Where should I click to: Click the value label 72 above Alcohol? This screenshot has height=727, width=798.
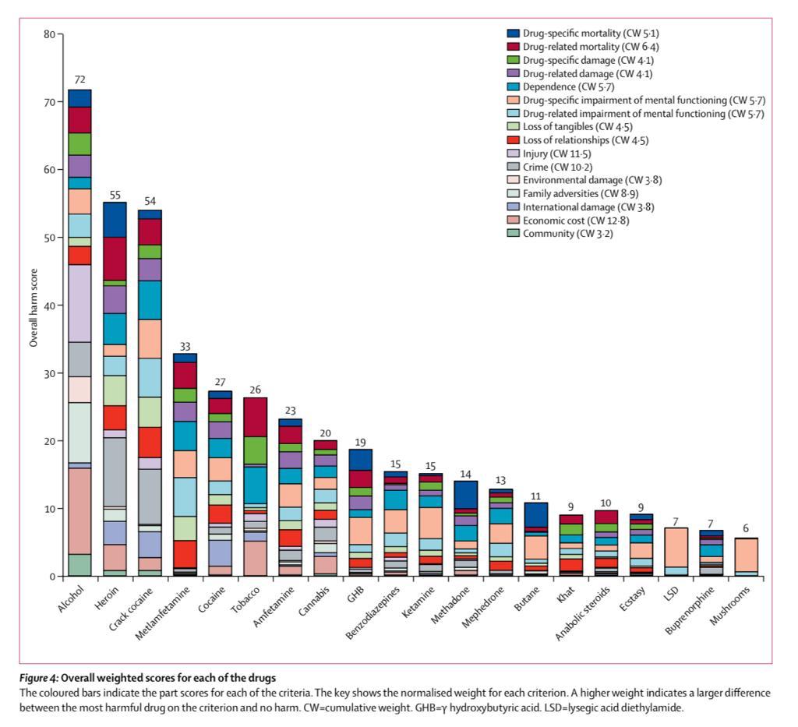pos(80,80)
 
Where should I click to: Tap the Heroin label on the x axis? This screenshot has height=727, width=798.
pos(107,598)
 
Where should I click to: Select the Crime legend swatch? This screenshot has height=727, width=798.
pos(513,167)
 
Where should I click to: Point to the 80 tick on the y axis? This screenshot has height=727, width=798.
pos(49,34)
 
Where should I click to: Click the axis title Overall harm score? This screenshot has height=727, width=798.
pos(34,308)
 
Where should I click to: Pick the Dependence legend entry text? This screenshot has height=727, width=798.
pos(568,87)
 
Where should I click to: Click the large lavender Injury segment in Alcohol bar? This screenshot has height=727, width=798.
pos(80,303)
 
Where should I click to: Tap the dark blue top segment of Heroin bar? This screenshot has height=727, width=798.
pos(115,220)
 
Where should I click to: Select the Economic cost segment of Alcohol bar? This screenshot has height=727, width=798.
pos(80,511)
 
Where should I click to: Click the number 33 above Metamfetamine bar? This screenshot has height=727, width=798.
pos(185,347)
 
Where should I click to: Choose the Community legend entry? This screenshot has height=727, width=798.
pos(560,234)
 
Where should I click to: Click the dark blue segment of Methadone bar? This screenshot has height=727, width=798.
pos(466,495)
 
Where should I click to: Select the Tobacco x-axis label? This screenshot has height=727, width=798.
pos(245,599)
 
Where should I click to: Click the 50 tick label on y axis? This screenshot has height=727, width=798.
pos(49,238)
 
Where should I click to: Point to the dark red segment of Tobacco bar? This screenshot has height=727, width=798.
pos(255,417)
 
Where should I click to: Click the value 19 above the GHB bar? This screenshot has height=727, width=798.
pos(360,442)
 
